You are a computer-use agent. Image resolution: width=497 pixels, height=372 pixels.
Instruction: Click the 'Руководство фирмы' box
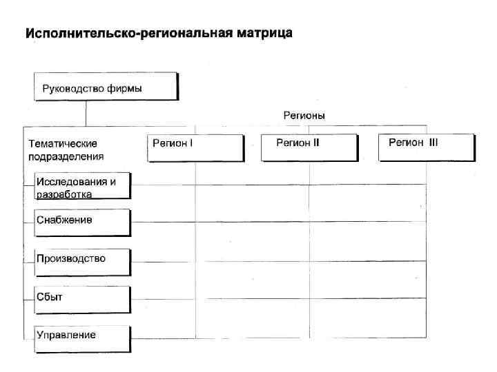(x=106, y=87)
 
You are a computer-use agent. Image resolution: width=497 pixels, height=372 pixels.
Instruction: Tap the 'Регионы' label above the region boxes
(x=304, y=115)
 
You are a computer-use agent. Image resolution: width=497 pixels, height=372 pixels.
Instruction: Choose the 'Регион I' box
(x=195, y=147)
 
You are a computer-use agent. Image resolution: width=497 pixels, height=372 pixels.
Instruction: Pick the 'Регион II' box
(x=309, y=147)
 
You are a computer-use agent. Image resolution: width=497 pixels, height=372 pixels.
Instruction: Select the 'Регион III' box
(x=427, y=147)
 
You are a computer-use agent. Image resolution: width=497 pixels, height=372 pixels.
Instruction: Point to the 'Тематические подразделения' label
(x=66, y=149)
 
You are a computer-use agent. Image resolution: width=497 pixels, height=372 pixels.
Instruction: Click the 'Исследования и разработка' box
(x=83, y=186)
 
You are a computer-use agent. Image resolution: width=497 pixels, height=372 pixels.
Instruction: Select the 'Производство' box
(x=83, y=260)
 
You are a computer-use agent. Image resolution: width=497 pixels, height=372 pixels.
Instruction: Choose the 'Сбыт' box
(x=83, y=299)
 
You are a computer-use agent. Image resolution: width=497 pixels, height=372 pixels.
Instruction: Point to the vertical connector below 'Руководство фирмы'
(x=85, y=113)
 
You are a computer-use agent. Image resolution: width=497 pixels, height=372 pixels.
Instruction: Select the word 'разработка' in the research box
(x=64, y=194)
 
